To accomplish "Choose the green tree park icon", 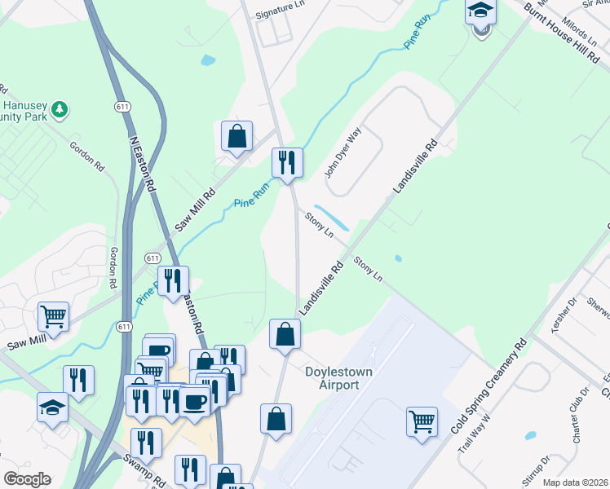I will tap(59, 109).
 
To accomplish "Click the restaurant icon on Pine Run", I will tap(286, 162).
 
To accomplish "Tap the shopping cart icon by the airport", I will tap(422, 421).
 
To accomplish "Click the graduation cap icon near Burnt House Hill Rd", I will tap(480, 12).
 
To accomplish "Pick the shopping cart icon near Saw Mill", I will tap(53, 315).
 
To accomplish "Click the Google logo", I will tap(27, 479).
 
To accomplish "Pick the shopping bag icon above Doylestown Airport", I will tap(285, 333).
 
